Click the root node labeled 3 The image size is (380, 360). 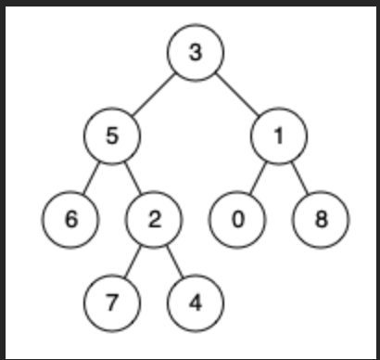point(195,52)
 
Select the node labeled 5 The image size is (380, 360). point(111,135)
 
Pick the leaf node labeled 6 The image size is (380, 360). point(70,220)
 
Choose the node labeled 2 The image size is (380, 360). point(153,220)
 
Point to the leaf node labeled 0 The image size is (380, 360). point(237,220)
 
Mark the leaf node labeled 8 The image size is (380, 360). point(321,220)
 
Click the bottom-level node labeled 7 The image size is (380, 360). point(111,303)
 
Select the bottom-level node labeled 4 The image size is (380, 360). point(195,303)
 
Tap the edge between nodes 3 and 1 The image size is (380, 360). point(237,94)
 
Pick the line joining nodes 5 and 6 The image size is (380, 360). point(91,177)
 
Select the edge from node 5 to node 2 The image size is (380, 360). point(133,177)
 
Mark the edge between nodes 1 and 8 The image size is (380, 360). point(299,177)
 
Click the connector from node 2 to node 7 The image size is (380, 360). point(133,262)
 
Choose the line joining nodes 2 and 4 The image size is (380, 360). point(174,262)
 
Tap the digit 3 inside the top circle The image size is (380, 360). point(195,52)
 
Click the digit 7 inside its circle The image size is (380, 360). point(111,303)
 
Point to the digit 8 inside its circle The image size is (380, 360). point(321,220)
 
